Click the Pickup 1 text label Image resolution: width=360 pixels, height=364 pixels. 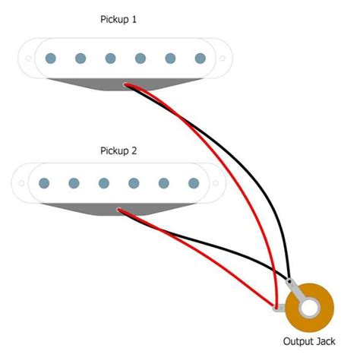coord(118,18)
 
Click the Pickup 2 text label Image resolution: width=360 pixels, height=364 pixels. coord(118,150)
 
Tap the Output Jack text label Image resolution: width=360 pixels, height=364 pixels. coord(309,342)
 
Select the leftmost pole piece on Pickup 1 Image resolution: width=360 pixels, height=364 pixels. coord(51,59)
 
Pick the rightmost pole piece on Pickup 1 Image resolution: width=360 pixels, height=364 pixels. coord(201,59)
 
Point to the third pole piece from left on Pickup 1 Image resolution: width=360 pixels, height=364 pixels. coord(111,59)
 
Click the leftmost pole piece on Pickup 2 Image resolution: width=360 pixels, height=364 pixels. coord(44,183)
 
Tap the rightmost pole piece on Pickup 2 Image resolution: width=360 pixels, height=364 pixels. coord(194,183)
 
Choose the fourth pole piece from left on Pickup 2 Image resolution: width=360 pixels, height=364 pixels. coord(134,183)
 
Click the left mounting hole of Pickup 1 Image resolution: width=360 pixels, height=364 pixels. coord(27,59)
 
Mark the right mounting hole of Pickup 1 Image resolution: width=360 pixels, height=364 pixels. coord(223,59)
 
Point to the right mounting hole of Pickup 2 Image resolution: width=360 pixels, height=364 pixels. coord(216,183)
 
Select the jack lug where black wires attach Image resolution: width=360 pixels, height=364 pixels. coord(291,284)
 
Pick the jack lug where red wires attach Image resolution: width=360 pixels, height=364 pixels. coord(278,309)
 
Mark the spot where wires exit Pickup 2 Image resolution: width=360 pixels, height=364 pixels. coord(118,210)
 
